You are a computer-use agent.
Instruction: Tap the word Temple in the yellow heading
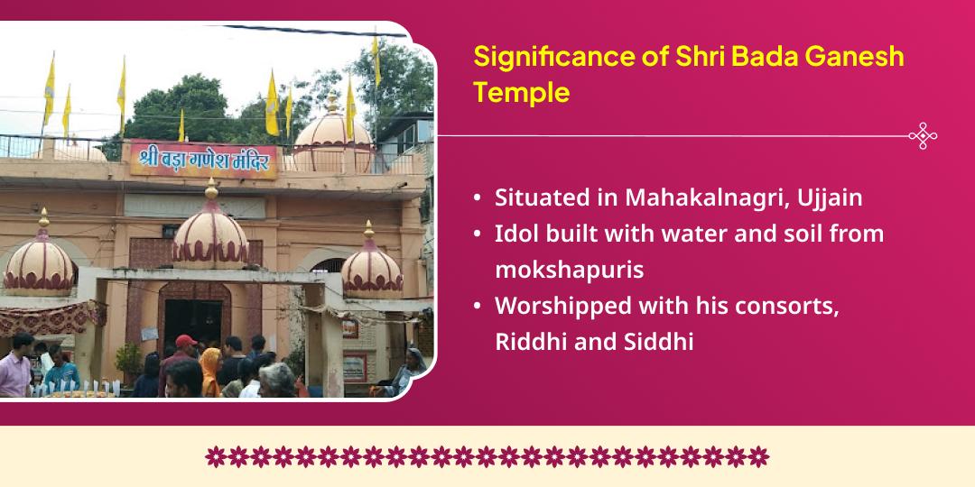[x=521, y=92]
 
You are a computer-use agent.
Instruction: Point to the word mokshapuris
[x=569, y=271]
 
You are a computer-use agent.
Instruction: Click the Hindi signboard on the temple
[x=204, y=160]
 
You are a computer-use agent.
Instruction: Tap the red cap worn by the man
[x=185, y=341]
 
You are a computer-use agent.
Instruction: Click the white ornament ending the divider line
[x=923, y=135]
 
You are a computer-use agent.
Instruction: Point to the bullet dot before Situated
[x=477, y=198]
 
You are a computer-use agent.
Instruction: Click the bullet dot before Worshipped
[x=477, y=307]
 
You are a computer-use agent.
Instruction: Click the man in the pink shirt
[x=15, y=365]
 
